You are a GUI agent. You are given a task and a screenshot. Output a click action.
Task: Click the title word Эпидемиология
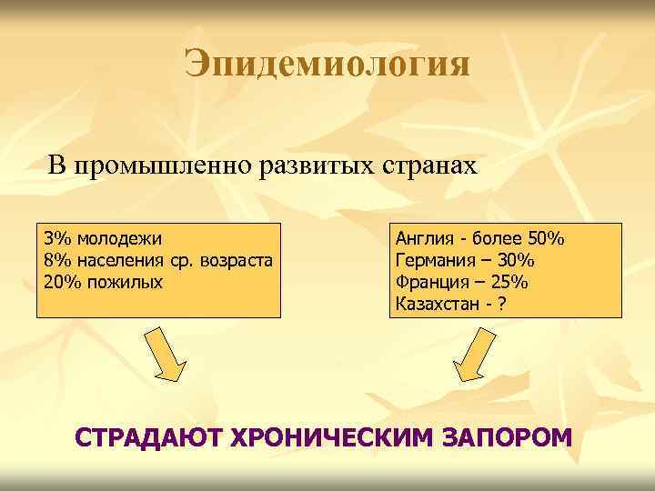tap(327, 65)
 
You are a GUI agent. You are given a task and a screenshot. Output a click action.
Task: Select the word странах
tap(424, 166)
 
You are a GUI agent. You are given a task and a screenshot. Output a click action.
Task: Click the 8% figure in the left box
tap(57, 261)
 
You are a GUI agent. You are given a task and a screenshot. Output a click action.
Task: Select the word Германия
tap(433, 261)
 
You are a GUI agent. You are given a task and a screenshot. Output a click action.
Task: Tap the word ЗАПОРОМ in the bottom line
tap(506, 437)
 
